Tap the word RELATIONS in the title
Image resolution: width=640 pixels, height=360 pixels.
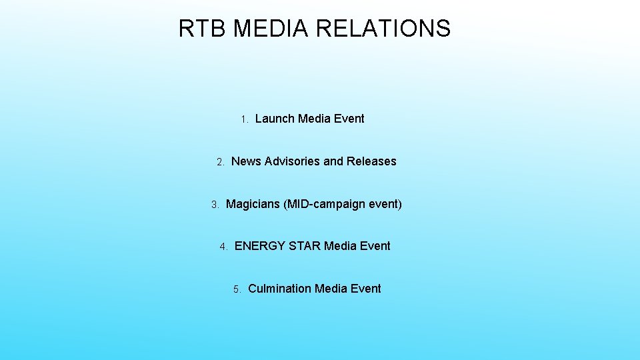(383, 29)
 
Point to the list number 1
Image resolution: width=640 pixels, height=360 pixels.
(244, 120)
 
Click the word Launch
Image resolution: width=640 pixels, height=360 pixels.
(275, 119)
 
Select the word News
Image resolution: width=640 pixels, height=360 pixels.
(246, 161)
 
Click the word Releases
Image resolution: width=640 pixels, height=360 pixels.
(371, 161)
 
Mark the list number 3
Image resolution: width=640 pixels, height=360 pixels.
(215, 205)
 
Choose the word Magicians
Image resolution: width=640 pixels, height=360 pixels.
(253, 204)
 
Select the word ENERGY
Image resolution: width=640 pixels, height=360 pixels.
(260, 246)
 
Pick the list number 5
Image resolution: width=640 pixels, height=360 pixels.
(237, 289)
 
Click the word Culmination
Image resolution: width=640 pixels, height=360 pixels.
(279, 289)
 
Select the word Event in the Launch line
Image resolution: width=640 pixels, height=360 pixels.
(349, 119)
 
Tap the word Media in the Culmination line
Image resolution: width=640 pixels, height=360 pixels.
(331, 289)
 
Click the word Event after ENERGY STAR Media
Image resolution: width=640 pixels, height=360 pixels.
(375, 246)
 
